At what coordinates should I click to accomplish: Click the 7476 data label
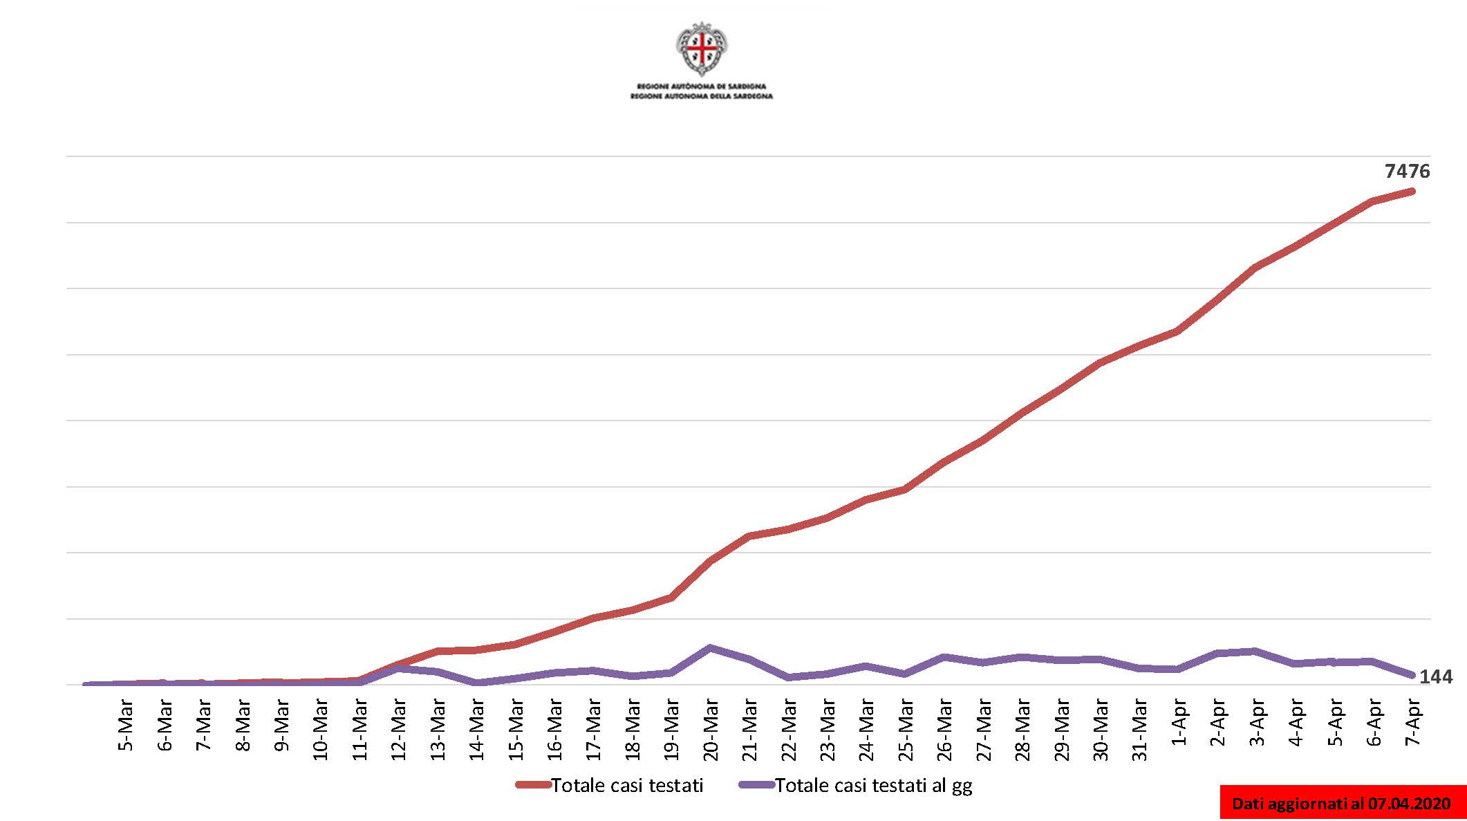(x=1407, y=172)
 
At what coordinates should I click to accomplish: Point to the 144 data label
(x=1436, y=676)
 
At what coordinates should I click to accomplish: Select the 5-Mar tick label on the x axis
(x=125, y=726)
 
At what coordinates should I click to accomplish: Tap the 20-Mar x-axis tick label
(x=711, y=730)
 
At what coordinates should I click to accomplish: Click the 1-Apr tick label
(x=1179, y=723)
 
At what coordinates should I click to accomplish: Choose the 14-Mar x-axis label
(x=477, y=730)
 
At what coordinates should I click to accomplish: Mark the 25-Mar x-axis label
(x=906, y=730)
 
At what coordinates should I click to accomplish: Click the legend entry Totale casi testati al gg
(x=873, y=785)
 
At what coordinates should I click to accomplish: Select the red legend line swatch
(x=532, y=785)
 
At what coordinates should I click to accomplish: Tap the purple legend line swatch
(x=756, y=785)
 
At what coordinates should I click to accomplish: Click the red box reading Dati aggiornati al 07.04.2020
(x=1341, y=803)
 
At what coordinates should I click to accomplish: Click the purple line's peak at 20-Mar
(x=710, y=647)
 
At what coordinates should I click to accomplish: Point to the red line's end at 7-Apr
(x=1412, y=191)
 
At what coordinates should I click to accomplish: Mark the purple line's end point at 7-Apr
(x=1412, y=675)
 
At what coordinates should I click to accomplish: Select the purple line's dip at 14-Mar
(x=477, y=683)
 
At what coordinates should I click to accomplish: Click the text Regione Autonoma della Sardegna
(x=702, y=96)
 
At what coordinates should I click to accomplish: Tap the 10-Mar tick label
(x=320, y=730)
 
